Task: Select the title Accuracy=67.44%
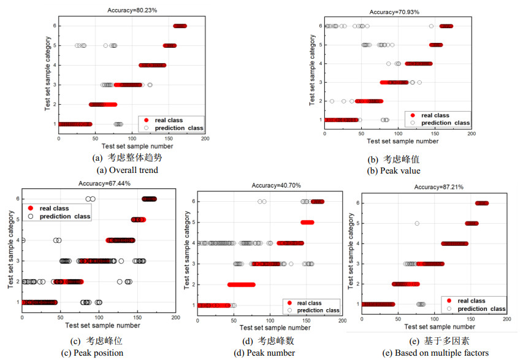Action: pyautogui.click(x=104, y=183)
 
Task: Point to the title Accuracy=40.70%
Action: pyautogui.click(x=275, y=186)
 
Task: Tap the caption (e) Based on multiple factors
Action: pyautogui.click(x=435, y=353)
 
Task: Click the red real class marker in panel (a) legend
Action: pyautogui.click(x=147, y=120)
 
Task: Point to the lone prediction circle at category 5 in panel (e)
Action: pyautogui.click(x=417, y=223)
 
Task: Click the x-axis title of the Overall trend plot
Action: pyautogui.click(x=131, y=146)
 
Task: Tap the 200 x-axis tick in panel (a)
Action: pyautogui.click(x=204, y=139)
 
